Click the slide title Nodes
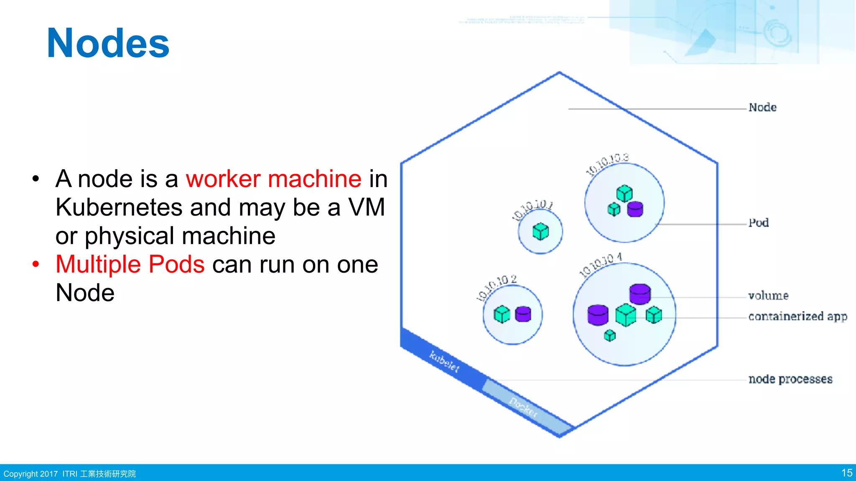point(108,43)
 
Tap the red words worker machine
point(273,179)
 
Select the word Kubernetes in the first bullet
point(119,208)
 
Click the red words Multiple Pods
point(130,264)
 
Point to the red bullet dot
point(36,264)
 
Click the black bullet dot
point(36,179)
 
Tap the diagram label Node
point(762,108)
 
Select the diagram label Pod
point(758,223)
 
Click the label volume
point(768,296)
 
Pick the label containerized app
point(797,316)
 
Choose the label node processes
point(790,379)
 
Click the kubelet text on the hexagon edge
point(444,362)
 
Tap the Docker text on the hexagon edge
point(523,407)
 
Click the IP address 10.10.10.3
point(607,164)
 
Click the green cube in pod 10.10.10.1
point(540,231)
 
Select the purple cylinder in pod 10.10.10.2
point(523,314)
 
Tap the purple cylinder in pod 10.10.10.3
point(635,209)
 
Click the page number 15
point(846,473)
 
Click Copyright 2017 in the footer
point(31,474)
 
